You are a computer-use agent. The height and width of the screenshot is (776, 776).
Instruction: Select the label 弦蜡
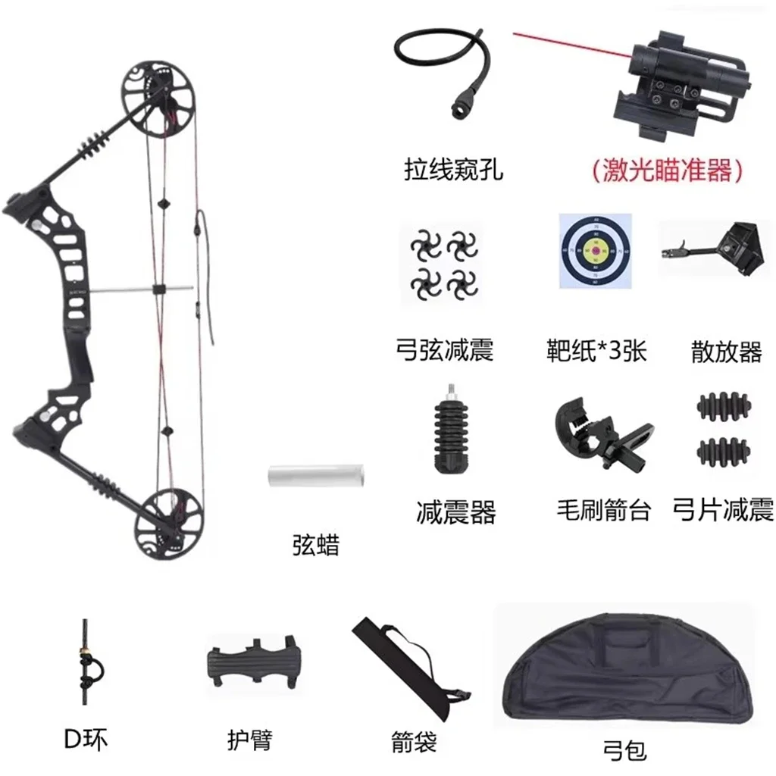pos(315,545)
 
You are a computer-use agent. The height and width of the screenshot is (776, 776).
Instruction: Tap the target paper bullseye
pos(595,250)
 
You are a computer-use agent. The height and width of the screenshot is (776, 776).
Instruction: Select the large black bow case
pos(626,667)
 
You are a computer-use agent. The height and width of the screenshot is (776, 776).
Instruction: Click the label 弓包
pos(625,749)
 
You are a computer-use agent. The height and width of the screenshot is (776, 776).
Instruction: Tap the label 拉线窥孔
pos(452,169)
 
